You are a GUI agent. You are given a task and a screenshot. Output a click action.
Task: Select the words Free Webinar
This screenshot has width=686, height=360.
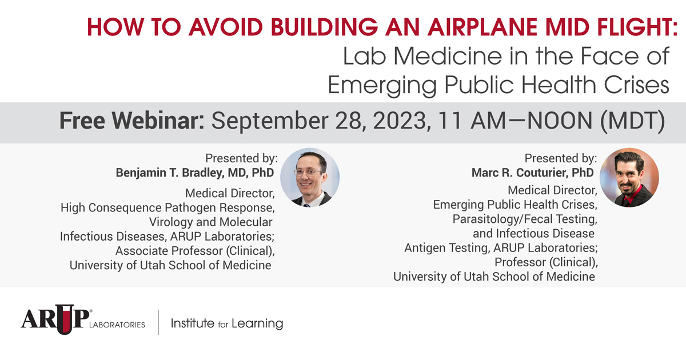(x=132, y=122)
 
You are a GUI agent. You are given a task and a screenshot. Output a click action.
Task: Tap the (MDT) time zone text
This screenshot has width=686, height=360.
(x=635, y=122)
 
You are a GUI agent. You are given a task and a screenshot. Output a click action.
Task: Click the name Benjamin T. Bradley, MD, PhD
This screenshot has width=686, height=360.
(x=195, y=173)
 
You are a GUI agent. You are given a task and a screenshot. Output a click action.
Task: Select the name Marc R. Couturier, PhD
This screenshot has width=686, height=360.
(x=532, y=173)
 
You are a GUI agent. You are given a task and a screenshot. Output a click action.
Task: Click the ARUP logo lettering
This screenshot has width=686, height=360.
(x=48, y=322)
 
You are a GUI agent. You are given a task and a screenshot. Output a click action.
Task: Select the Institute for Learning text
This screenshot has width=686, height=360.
(x=227, y=323)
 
